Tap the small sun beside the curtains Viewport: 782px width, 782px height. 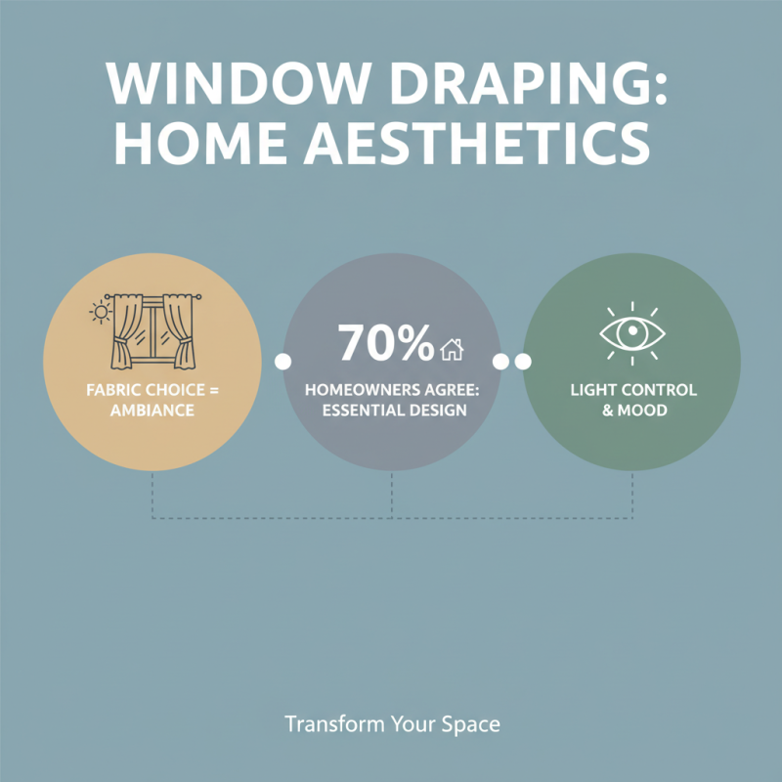[x=100, y=312]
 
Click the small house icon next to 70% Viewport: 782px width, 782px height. [x=452, y=348]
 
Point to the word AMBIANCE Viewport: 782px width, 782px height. [x=152, y=411]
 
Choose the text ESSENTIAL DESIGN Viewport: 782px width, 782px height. [x=392, y=411]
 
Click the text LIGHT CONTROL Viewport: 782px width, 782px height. [x=633, y=389]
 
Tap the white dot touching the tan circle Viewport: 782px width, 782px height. [x=283, y=362]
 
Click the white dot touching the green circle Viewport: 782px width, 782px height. [x=523, y=362]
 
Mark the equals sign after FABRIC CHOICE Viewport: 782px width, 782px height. [x=215, y=389]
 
